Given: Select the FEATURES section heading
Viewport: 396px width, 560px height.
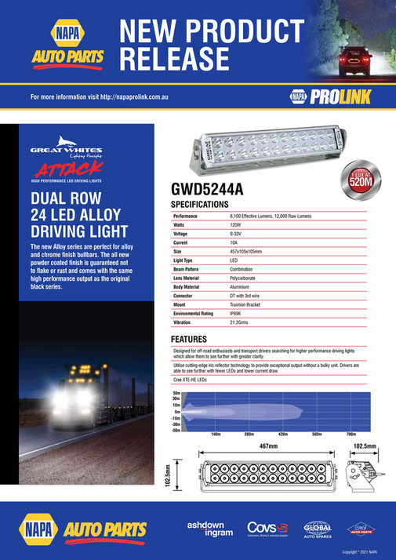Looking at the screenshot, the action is pos(194,339).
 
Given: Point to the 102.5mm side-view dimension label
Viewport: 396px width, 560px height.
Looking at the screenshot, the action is pos(364,446).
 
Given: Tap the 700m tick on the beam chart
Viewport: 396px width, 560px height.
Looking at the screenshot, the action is pos(351,433).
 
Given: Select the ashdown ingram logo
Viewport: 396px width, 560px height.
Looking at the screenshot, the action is pos(209,528).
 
